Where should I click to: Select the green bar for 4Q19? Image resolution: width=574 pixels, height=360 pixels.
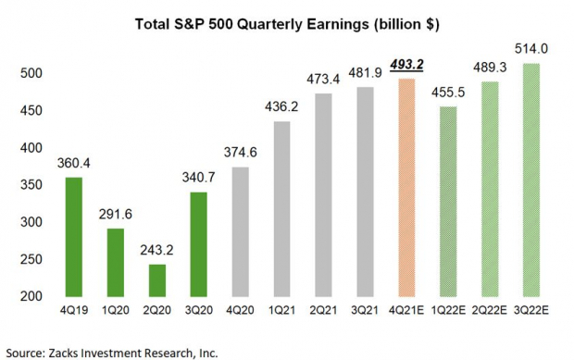(x=79, y=236)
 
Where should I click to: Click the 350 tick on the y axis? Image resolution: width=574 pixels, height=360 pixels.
(x=31, y=184)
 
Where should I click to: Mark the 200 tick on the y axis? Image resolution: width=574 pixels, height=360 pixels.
(x=31, y=295)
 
